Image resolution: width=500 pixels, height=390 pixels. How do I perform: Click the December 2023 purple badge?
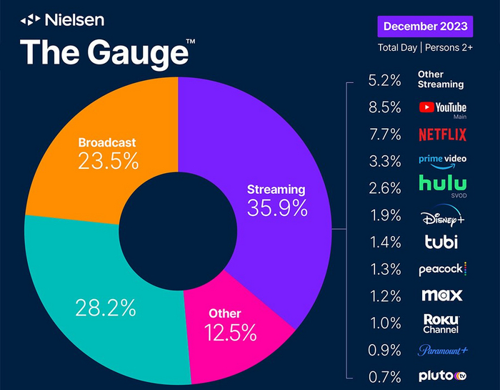(425, 26)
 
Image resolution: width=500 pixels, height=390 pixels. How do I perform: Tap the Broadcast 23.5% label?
(108, 153)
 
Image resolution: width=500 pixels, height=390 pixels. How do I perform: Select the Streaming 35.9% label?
(276, 200)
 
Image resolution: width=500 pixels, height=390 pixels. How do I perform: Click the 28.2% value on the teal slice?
(105, 308)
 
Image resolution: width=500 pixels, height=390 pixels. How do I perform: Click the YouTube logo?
(442, 107)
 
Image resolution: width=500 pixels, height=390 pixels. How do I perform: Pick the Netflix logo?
(442, 134)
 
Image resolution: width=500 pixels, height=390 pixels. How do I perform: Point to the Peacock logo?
(442, 269)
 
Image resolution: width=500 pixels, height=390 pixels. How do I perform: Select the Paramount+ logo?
(442, 350)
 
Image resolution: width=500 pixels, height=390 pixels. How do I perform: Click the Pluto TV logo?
(442, 375)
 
